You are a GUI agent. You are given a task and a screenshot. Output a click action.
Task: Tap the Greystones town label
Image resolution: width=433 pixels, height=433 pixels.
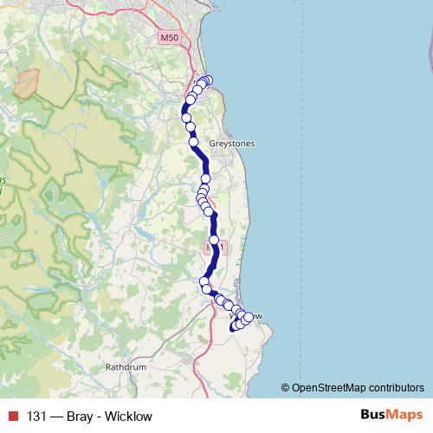point(232,144)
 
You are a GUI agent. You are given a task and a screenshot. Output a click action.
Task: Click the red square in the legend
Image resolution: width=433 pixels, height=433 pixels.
point(11,416)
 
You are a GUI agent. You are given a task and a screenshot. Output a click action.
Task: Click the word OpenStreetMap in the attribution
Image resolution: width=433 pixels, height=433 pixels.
point(327,388)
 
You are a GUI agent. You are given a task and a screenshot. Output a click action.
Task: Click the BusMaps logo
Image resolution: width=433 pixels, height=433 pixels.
point(392,415)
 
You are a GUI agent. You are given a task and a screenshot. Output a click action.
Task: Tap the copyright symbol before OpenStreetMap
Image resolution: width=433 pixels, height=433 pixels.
point(286,388)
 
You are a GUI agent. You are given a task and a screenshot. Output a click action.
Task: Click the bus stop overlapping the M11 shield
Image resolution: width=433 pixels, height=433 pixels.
point(214,240)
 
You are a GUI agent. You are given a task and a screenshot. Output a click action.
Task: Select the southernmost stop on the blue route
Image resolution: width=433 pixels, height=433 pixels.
point(233,328)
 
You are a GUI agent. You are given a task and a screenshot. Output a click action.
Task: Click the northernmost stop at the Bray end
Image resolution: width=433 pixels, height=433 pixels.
point(207,81)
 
